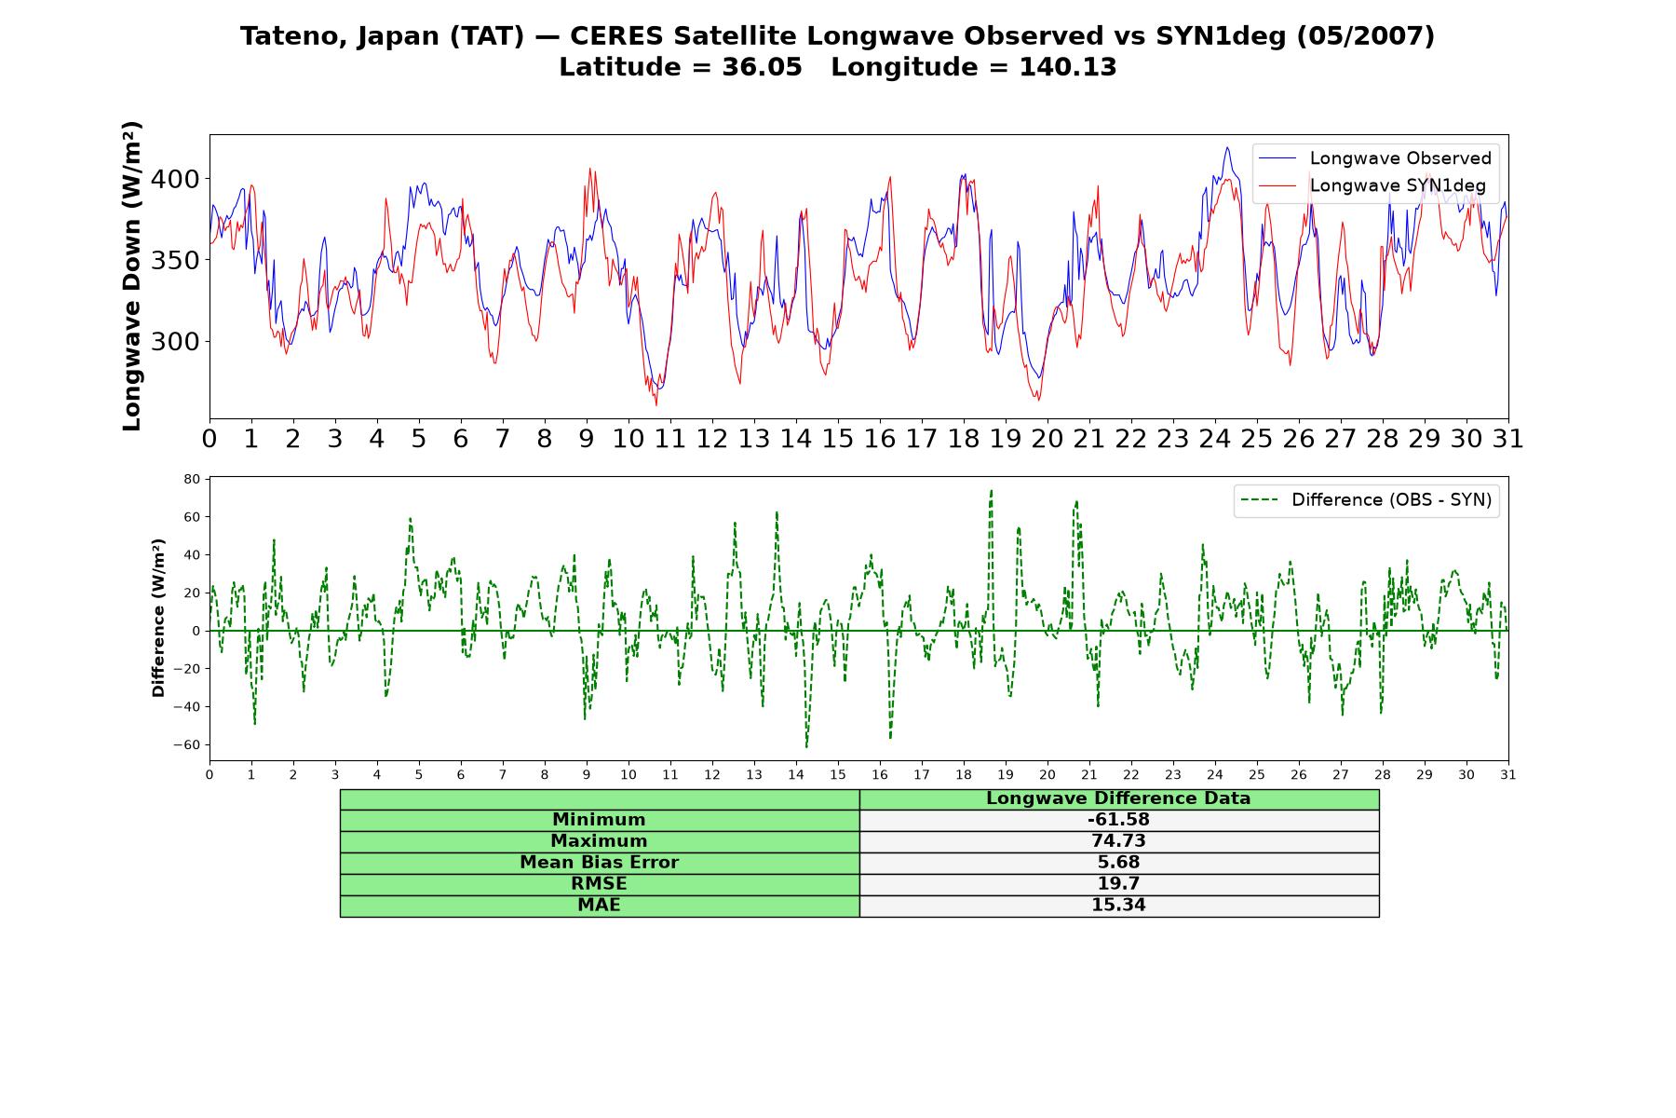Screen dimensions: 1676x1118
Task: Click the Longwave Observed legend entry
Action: pos(1374,158)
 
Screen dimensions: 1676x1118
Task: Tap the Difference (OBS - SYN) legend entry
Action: pos(1366,500)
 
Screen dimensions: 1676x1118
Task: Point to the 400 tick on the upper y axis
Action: pos(176,179)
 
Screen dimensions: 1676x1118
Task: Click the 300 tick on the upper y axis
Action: pos(176,342)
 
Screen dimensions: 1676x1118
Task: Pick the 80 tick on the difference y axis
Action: pos(193,479)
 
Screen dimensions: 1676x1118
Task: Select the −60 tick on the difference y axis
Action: pos(187,744)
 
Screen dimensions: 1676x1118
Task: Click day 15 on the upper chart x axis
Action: pos(837,439)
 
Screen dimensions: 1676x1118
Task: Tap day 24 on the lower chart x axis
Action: pos(1215,774)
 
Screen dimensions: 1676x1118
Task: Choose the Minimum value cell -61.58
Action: pos(1118,820)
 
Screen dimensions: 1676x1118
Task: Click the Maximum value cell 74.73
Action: pos(1118,841)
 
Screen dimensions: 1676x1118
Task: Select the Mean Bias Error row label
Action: pos(599,863)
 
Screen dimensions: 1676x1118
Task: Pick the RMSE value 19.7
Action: pos(1118,884)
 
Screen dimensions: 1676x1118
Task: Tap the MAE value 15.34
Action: pos(1118,906)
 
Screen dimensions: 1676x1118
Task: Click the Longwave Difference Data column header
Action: pos(1118,798)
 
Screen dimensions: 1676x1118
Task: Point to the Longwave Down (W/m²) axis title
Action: pos(132,276)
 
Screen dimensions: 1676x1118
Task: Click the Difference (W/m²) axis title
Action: pos(158,618)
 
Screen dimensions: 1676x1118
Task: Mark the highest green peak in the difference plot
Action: pos(991,490)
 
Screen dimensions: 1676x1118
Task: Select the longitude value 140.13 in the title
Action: pos(1067,67)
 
